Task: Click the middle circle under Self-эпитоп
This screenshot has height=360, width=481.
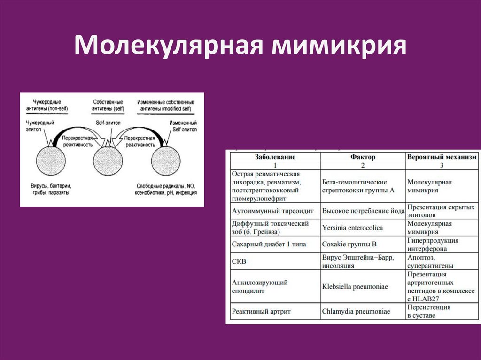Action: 109,161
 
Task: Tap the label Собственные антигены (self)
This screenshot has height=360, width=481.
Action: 108,105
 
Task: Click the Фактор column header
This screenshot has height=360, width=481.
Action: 363,157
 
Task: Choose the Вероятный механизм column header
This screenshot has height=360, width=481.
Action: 442,157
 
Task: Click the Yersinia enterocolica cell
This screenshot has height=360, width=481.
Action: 353,228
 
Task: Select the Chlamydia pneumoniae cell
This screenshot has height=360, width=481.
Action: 356,311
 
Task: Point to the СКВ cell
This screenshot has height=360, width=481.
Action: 240,261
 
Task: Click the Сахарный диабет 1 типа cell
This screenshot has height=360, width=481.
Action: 266,244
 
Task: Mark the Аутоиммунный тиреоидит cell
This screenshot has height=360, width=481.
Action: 273,211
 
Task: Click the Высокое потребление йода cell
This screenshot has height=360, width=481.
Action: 363,211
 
